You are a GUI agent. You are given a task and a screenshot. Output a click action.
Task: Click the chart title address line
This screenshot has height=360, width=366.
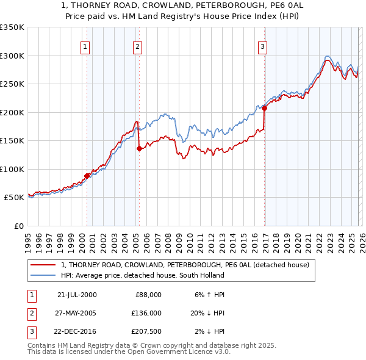[x=182, y=5]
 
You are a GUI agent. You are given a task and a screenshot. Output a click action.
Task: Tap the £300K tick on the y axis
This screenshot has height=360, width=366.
[x=12, y=56]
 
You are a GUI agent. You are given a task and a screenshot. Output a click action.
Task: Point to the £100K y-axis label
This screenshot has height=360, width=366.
[x=12, y=169]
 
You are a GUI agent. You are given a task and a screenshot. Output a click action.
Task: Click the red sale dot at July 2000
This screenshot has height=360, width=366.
[x=87, y=176]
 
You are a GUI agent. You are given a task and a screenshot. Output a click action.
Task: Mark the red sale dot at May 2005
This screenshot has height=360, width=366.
[x=139, y=149]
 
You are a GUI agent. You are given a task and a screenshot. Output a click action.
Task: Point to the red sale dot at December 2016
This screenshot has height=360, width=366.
[x=264, y=108]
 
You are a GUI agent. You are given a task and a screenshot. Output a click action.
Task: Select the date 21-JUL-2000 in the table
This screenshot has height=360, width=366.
[x=77, y=294]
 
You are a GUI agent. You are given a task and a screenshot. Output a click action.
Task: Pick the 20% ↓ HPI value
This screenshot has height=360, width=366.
[x=207, y=312]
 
